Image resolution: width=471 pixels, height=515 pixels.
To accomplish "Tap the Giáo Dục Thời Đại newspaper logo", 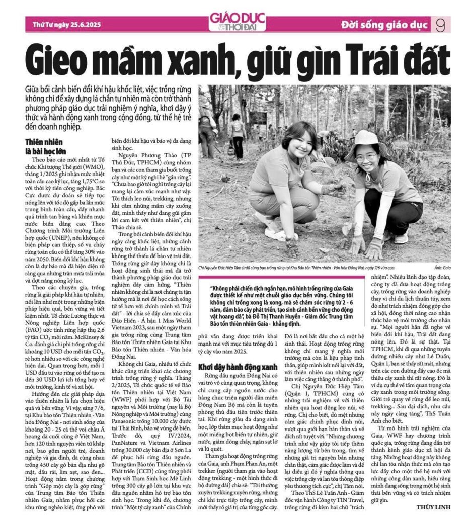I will point(235,22).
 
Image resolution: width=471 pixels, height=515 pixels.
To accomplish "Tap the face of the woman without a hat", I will point(301,145).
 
